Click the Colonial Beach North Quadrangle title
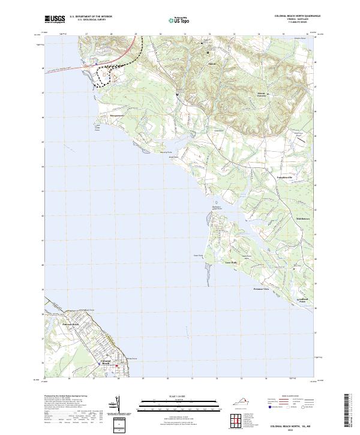pos(297,16)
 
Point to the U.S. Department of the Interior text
pos(91,16)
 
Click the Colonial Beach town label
pos(106,362)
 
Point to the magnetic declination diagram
pos(118,405)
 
